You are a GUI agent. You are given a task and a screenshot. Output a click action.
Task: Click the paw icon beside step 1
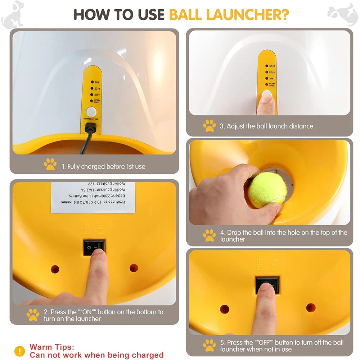[x=50, y=165]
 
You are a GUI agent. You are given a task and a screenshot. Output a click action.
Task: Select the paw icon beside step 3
[x=209, y=126]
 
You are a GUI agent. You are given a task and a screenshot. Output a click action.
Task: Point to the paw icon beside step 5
[x=209, y=345]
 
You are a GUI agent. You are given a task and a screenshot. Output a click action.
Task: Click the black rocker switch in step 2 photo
[x=94, y=247]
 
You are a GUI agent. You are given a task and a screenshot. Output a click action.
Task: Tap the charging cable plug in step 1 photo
[x=90, y=128]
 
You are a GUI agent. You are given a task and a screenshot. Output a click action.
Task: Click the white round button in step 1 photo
[x=91, y=111]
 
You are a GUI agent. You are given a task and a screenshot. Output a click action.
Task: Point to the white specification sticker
[x=93, y=198]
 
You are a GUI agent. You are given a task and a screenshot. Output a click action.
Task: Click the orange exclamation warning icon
[x=19, y=351]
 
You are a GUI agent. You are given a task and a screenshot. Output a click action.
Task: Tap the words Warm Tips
[x=52, y=347]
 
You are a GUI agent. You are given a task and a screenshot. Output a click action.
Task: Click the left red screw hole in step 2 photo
[x=55, y=269]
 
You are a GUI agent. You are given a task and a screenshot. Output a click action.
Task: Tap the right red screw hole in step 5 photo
[x=311, y=308]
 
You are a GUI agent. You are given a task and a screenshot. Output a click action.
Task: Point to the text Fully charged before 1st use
[x=103, y=167]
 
